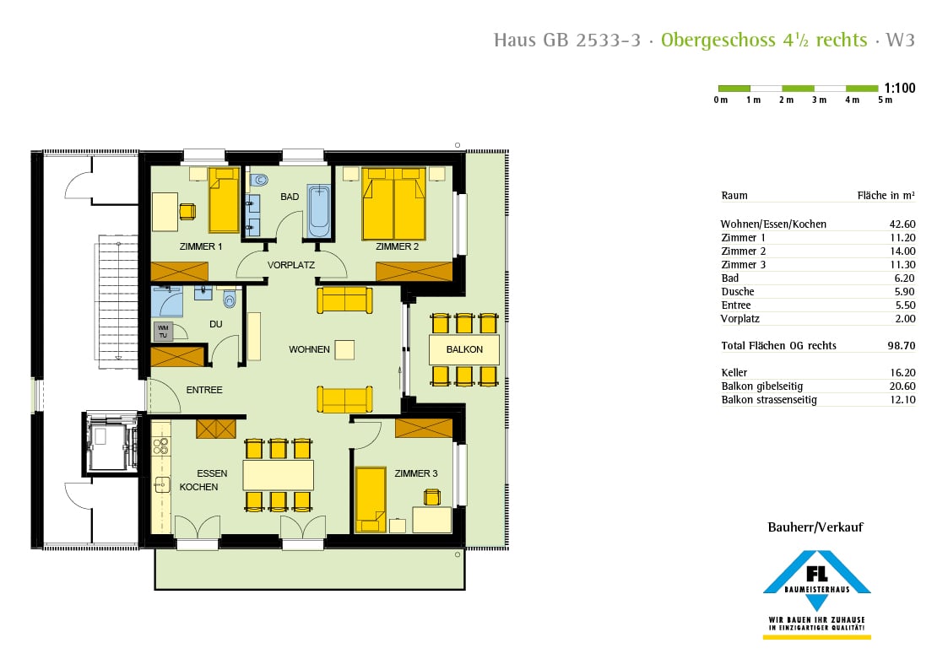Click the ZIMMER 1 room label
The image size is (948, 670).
[x=200, y=247]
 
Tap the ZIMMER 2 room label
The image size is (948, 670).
[x=398, y=247]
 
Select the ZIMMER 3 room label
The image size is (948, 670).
[x=416, y=473]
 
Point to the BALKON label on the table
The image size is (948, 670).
[x=464, y=349]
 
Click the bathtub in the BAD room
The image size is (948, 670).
[x=318, y=212]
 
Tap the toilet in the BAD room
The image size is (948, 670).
[x=260, y=179]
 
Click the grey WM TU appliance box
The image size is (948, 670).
[x=163, y=331]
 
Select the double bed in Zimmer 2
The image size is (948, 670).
[x=393, y=205]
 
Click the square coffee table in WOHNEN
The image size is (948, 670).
[x=344, y=349]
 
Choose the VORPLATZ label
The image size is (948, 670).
[x=291, y=265]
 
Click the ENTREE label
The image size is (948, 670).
[x=204, y=390]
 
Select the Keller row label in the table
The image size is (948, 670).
[x=734, y=373]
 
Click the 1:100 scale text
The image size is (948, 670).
[x=900, y=88]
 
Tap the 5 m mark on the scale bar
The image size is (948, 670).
[x=885, y=100]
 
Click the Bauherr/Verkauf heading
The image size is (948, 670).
[x=815, y=527]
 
